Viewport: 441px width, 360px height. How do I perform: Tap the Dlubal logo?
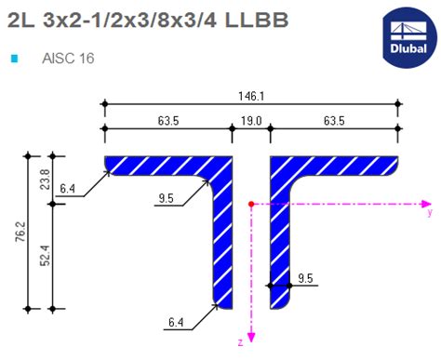pyautogui.click(x=407, y=37)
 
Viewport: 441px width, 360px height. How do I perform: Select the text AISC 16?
pyautogui.click(x=68, y=59)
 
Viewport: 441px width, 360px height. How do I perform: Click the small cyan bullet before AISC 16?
pyautogui.click(x=14, y=59)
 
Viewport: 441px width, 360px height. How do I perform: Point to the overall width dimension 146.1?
pyautogui.click(x=250, y=94)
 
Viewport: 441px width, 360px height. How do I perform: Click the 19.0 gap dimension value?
pyautogui.click(x=250, y=119)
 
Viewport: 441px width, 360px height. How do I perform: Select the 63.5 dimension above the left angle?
pyautogui.click(x=167, y=119)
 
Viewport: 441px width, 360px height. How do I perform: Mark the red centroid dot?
pyautogui.click(x=251, y=202)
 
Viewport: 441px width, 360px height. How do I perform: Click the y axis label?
pyautogui.click(x=429, y=212)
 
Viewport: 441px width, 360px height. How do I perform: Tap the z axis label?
pyautogui.click(x=240, y=342)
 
